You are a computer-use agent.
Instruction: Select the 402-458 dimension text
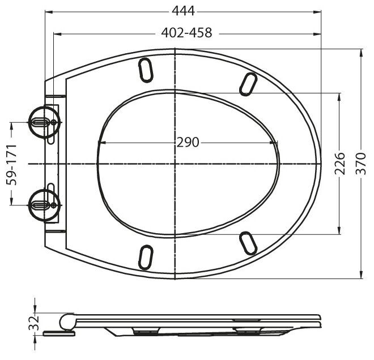tap(186, 33)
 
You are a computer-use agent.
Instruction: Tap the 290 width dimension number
tap(187, 142)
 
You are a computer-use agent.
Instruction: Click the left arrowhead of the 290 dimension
tap(101, 142)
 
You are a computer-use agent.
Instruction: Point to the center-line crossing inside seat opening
tap(176, 164)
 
